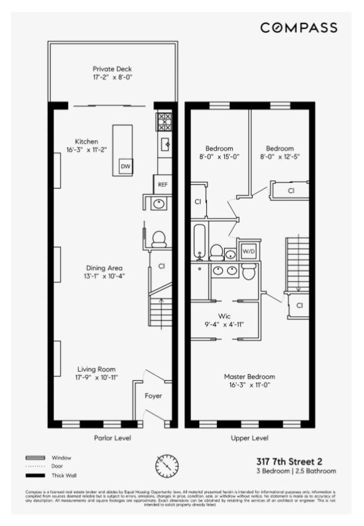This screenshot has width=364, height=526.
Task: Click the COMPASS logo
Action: pos(299,28)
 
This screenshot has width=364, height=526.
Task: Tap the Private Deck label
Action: pos(112,69)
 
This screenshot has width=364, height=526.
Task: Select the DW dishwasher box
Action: pos(125,166)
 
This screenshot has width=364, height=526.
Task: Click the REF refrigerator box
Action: pos(163,185)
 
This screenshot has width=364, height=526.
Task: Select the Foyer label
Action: pos(153,395)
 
